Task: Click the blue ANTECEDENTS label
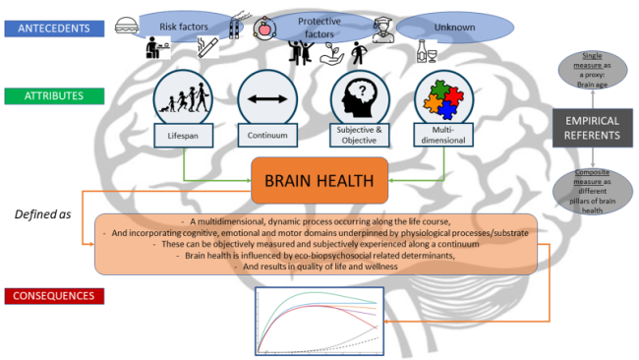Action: tap(54, 29)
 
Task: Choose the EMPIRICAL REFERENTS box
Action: tap(590, 128)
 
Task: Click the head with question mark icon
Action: tap(355, 98)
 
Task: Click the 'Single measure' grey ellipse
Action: tap(589, 72)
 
